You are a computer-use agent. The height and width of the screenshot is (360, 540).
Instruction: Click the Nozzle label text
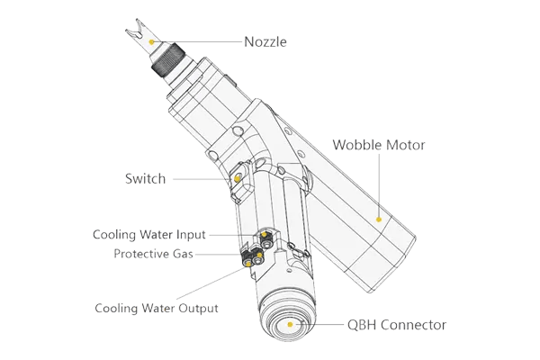(265, 40)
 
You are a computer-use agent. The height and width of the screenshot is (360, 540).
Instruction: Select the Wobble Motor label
(379, 144)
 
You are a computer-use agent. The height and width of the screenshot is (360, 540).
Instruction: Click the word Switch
(146, 180)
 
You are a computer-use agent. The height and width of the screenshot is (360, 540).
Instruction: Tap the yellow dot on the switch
(238, 178)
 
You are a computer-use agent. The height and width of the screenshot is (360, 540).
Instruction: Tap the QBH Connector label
(397, 324)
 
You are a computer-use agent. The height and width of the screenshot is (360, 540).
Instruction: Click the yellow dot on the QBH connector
(290, 323)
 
